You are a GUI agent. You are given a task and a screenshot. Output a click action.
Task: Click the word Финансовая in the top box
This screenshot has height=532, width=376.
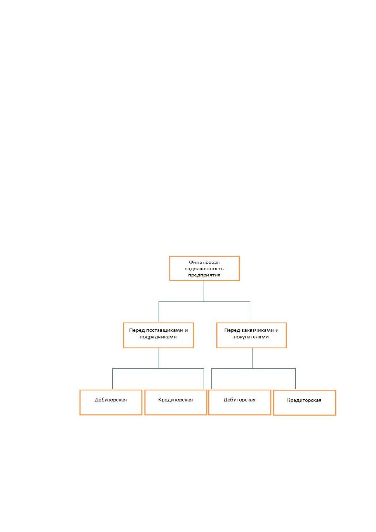204,263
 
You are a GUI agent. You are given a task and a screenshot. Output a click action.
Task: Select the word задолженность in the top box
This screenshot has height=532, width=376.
204,269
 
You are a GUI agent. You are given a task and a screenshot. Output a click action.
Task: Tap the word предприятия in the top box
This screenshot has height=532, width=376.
204,275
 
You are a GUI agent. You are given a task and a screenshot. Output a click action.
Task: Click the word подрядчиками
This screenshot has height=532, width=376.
158,337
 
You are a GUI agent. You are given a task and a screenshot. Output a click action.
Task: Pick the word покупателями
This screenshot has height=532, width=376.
251,337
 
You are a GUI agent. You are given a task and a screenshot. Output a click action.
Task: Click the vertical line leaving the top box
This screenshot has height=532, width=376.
204,291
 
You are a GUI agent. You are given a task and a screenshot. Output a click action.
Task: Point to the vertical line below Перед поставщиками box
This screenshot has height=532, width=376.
159,358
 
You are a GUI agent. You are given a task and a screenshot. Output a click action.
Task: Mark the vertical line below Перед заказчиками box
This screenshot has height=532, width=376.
252,358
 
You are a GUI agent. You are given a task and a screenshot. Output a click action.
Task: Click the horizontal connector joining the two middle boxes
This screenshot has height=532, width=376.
204,302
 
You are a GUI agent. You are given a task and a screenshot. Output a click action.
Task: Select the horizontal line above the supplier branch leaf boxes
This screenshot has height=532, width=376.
158,368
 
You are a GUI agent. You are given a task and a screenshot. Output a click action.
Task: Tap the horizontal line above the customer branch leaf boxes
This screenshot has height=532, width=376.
254,368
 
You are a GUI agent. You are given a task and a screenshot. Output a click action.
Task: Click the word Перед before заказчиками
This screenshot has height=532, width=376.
232,330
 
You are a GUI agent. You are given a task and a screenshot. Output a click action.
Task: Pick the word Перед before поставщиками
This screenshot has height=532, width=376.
137,330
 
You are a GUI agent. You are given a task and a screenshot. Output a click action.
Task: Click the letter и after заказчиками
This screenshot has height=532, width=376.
277,330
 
